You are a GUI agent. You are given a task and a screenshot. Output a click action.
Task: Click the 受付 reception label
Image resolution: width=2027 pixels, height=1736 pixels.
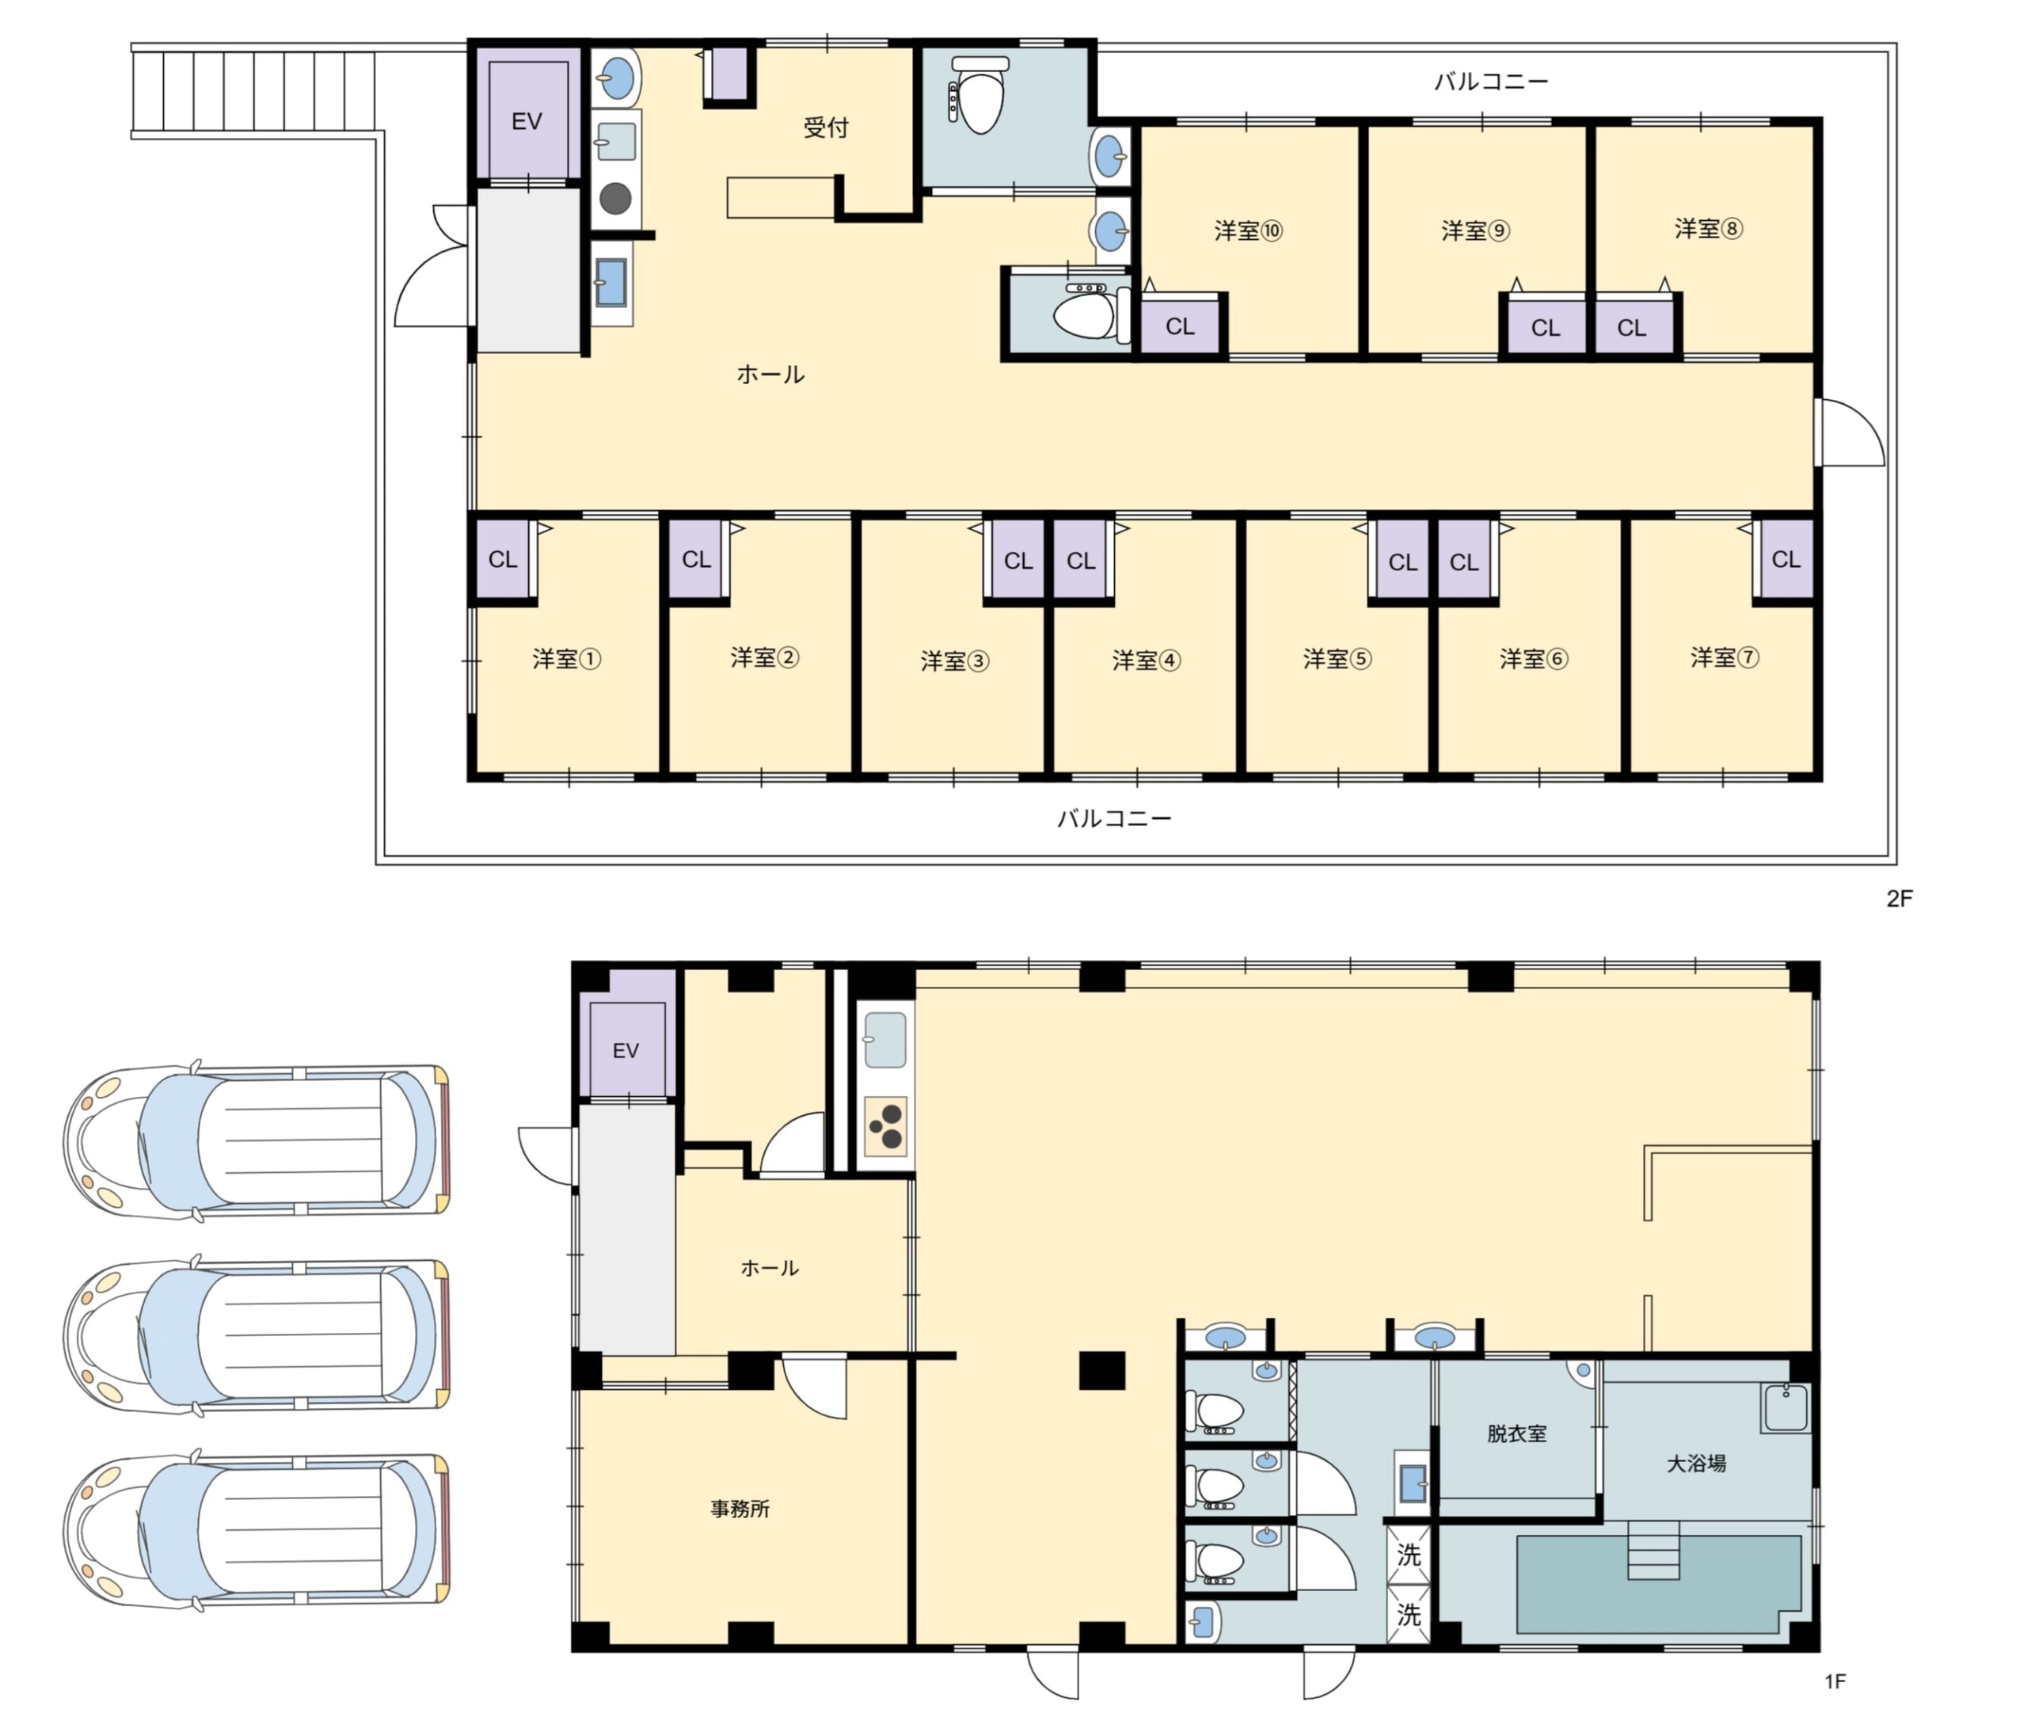tap(826, 128)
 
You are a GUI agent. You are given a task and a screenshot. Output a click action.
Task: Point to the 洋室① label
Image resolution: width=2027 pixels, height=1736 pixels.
tap(566, 659)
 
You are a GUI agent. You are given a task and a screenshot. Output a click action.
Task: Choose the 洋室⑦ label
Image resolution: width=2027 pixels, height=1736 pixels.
tap(1725, 657)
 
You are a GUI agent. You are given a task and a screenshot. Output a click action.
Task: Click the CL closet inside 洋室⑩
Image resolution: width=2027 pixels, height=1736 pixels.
tap(1180, 325)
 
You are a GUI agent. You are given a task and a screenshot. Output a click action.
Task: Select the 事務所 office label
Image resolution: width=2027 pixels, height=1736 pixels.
tap(740, 1509)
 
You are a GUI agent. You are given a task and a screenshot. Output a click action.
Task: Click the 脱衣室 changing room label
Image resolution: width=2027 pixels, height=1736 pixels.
tap(1516, 1433)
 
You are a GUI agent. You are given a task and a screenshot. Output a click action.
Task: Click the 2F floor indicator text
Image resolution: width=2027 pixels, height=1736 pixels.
tap(1899, 898)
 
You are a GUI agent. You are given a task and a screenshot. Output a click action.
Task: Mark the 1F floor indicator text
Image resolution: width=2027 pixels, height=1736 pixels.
tap(1835, 1681)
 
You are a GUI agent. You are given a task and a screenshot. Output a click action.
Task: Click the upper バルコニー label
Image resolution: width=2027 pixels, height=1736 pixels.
tap(1491, 82)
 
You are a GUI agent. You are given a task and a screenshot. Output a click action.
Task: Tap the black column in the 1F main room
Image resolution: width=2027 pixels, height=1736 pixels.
tap(1101, 1370)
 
